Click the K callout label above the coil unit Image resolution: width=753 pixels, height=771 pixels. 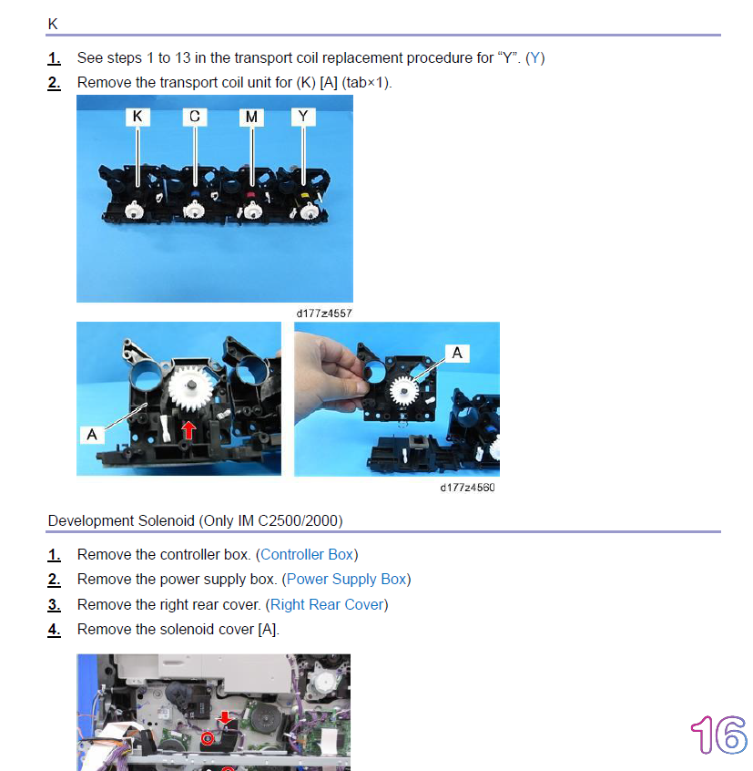coord(137,117)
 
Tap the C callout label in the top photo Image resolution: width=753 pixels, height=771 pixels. coord(195,117)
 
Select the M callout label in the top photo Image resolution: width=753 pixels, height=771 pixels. coord(251,117)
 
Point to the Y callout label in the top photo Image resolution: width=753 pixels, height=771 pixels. coord(303,117)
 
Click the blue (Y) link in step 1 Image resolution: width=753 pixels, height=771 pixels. coord(534,58)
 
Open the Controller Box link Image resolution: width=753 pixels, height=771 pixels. coord(307,555)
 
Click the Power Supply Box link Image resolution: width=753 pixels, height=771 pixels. coord(346,580)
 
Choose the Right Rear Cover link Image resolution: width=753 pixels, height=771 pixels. coord(327,604)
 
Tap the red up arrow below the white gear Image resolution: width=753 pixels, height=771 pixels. coord(188,430)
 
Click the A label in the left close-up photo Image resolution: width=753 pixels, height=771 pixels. coord(92,435)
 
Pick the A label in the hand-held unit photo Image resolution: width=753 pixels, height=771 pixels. coord(457,353)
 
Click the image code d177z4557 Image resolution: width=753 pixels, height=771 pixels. coord(324,314)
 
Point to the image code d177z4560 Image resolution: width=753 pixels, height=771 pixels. coord(468,488)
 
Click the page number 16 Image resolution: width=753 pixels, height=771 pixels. coord(719,735)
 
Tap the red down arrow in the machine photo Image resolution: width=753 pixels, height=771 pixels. coord(225,717)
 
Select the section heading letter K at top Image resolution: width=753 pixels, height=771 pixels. coord(53,24)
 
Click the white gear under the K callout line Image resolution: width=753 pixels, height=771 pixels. coord(134,210)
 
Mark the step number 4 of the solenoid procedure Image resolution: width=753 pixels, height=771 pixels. coord(54,630)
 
